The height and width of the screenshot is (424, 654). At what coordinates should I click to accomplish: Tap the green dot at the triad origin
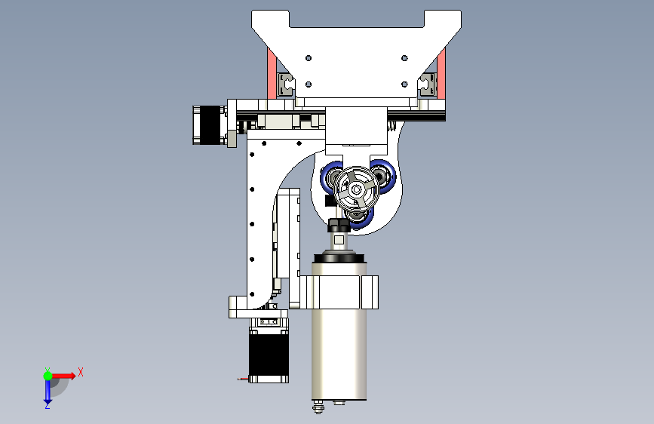point(48,375)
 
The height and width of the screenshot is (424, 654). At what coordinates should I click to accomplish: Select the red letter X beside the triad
point(80,372)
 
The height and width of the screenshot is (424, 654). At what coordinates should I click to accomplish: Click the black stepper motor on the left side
point(206,124)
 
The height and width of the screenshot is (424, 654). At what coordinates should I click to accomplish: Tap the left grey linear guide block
point(285,84)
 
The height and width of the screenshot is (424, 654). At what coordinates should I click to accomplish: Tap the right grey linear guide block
point(428,83)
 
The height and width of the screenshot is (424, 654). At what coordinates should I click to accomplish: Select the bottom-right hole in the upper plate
point(405,84)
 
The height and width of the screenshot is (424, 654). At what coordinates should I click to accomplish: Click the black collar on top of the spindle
point(339,258)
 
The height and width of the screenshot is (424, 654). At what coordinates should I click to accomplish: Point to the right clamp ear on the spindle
point(371,292)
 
